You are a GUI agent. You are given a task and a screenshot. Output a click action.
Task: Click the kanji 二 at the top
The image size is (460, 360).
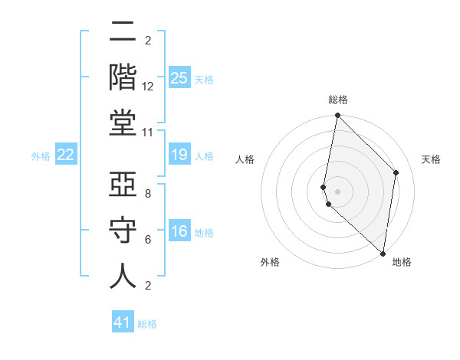coord(123,33)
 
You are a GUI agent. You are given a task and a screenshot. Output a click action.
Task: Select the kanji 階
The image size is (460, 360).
coord(123,77)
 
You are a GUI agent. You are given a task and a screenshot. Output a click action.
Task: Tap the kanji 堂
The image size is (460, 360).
coord(123,123)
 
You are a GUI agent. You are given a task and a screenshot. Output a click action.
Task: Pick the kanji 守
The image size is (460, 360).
coord(123,231)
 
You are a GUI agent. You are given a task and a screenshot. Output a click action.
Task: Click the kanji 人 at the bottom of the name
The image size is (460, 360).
coord(123,276)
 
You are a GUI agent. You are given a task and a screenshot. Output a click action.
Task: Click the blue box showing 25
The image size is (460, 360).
coord(179,77)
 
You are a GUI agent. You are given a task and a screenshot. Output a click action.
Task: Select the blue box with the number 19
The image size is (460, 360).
coord(179,155)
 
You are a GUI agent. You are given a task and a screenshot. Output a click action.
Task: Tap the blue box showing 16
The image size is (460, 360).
coord(179,231)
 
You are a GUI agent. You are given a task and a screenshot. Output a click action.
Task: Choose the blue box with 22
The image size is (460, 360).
coord(66,155)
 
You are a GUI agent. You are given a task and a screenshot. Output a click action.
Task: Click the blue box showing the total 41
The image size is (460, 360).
coord(123,322)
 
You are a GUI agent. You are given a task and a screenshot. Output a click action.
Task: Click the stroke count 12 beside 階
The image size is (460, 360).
coord(148,87)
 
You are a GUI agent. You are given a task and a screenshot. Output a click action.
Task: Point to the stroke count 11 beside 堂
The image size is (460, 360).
coord(148,132)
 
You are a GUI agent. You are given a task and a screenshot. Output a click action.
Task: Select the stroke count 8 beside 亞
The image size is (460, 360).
coord(148,195)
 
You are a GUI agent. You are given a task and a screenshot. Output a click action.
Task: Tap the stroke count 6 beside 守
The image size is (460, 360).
coord(148,240)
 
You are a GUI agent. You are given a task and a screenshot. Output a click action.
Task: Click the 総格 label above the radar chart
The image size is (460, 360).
coord(338,100)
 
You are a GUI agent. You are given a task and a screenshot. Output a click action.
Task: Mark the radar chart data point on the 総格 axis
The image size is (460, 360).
coord(337,116)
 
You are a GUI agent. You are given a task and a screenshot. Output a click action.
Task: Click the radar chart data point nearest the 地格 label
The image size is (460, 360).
coord(383,254)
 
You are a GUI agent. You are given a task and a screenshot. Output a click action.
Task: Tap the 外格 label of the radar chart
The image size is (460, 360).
coord(270,262)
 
